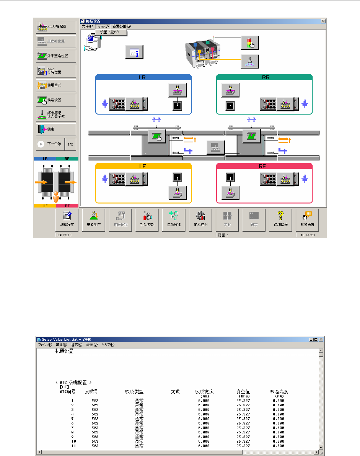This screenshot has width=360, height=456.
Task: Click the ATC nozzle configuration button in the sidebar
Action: pos(56,27)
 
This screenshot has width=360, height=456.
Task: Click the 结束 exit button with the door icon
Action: pos(56,129)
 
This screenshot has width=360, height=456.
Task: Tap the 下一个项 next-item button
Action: pos(49,144)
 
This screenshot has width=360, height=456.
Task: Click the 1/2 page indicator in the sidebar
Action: pos(70,144)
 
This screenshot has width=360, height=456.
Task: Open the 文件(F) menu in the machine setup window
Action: pos(87,26)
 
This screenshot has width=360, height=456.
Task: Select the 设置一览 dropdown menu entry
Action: pos(111,32)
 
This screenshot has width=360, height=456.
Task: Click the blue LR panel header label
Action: pos(143,77)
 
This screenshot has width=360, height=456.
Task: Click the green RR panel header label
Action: pos(264,77)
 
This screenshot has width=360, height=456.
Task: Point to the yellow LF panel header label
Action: pos(143,166)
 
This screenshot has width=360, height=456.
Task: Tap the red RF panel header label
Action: pos(264,166)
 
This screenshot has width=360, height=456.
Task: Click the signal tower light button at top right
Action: pos(250,43)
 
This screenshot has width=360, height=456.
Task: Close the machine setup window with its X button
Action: pos(323,21)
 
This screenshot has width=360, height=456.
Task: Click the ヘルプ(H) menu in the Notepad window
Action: pos(108,345)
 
